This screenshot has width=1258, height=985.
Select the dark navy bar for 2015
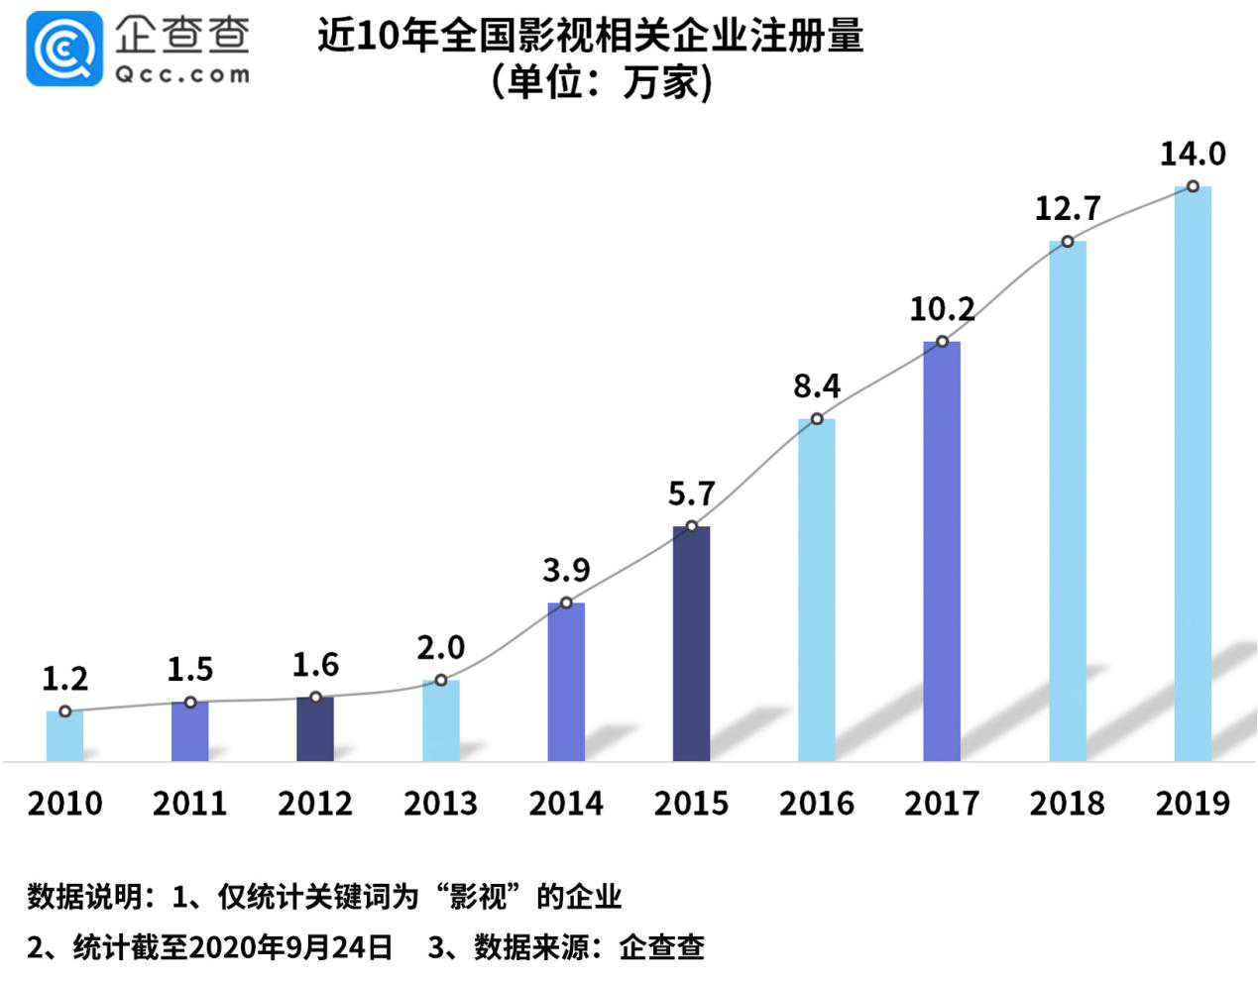point(691,644)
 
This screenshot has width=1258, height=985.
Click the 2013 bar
point(440,720)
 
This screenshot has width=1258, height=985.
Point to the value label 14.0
point(1193,155)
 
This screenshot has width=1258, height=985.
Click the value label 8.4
point(816,385)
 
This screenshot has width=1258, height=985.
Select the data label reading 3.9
point(566,570)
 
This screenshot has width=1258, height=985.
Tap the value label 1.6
point(315,665)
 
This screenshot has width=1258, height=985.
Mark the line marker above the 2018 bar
point(1068,242)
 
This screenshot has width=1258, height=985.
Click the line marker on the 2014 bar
point(566,602)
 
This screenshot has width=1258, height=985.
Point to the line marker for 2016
point(817,419)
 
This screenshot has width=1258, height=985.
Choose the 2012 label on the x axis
point(315,803)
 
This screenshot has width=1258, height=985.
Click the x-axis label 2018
point(1067,803)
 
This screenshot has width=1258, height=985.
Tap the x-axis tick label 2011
point(189,803)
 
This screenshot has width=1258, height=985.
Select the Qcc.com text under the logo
point(182,74)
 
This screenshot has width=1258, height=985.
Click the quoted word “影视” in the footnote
point(478,897)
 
